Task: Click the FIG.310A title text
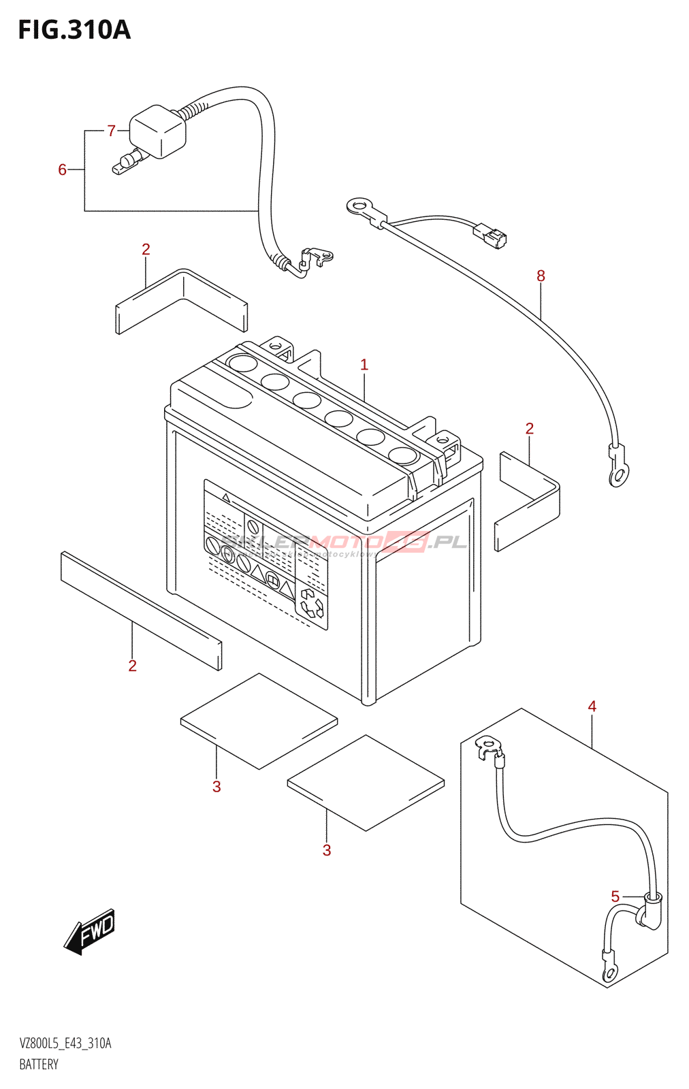tap(74, 30)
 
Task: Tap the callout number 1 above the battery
tap(364, 365)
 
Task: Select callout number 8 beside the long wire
tap(541, 276)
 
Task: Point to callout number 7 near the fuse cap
tap(112, 130)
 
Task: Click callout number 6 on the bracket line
tap(62, 169)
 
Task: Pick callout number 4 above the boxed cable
tap(592, 706)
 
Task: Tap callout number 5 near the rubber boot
tap(615, 896)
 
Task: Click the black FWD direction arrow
tap(91, 931)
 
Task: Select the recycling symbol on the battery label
tap(312, 603)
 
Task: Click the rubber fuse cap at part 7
tap(157, 131)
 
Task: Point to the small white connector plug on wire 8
tap(490, 235)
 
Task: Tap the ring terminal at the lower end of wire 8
tap(618, 474)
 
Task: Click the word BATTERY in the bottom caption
tap(39, 1064)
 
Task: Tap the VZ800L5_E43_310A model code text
tap(65, 1043)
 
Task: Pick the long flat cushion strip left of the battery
tap(141, 610)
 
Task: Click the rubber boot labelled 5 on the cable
tap(650, 911)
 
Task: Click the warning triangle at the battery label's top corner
tap(226, 499)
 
